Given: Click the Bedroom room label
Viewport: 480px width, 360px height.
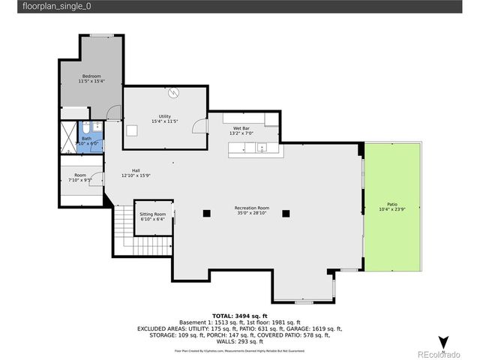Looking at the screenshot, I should (x=91, y=76).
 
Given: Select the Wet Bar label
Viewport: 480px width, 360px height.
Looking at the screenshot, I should (x=241, y=130).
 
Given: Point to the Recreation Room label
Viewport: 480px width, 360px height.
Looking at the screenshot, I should (x=251, y=208).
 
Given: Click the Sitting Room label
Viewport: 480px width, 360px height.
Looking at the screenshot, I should (x=152, y=214).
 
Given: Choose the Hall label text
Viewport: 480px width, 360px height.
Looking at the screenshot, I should (x=136, y=170).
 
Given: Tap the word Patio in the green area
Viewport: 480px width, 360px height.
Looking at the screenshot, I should (x=392, y=203).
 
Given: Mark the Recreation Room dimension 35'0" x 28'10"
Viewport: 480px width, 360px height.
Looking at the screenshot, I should (x=251, y=213).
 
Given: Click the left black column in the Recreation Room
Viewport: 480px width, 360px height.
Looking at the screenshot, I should (x=205, y=213).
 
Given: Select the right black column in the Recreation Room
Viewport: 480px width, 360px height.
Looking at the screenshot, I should (x=285, y=213).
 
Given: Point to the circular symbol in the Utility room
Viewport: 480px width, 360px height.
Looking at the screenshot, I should (x=174, y=93).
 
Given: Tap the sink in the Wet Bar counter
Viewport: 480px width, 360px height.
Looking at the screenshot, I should (x=262, y=148).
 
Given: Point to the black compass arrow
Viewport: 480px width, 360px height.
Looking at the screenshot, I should (x=443, y=342).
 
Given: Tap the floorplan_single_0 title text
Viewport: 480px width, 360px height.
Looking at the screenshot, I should (x=45, y=6).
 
